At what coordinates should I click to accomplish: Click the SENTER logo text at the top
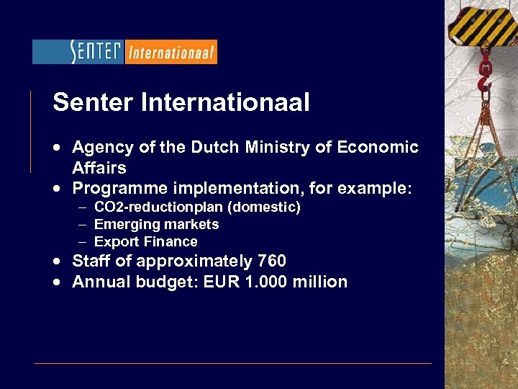coord(96,52)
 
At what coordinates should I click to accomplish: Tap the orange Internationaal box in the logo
coord(171,52)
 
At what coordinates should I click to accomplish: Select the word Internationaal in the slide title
coord(226,103)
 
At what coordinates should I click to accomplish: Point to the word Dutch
coord(213,148)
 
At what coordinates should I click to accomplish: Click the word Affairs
coord(99,169)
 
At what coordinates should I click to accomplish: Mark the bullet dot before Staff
coord(55,261)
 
